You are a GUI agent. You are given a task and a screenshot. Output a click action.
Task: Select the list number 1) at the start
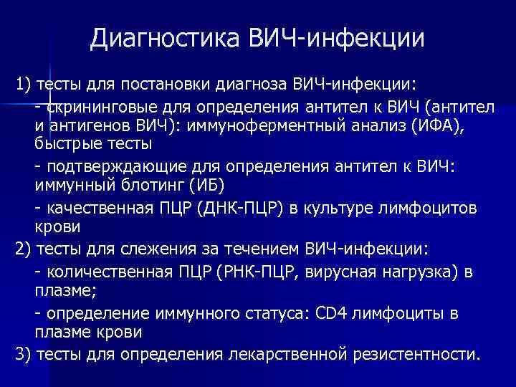(23, 86)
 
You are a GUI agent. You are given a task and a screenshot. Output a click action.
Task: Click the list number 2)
(23, 251)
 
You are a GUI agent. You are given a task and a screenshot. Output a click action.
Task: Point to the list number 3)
(23, 355)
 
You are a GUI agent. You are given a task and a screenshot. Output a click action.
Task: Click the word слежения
(135, 251)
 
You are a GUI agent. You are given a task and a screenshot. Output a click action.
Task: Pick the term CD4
(354, 314)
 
